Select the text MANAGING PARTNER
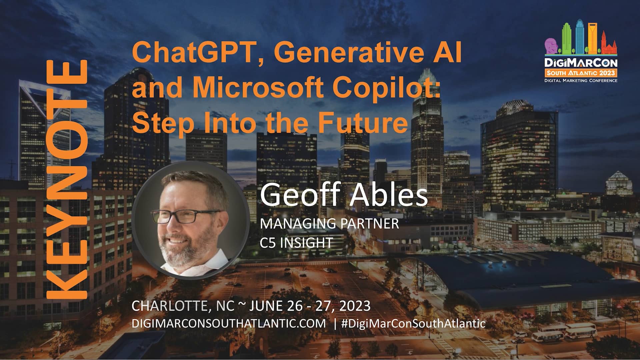pos(329,224)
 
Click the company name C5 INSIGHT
pos(296,243)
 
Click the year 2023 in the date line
pos(355,306)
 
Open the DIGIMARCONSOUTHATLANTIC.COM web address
pos(229,323)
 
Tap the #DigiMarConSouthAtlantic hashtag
pos(413,323)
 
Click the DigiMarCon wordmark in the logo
pos(581,63)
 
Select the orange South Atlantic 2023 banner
pos(581,73)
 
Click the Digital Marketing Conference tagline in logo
pos(581,81)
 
